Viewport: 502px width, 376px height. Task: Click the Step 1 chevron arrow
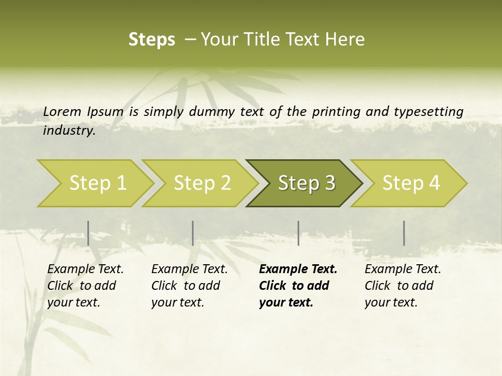point(97,183)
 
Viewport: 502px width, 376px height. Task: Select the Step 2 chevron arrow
point(201,183)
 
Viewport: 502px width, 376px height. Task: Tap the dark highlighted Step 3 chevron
point(306,183)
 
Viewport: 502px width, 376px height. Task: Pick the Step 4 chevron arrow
point(410,183)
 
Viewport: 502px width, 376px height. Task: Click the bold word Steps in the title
point(152,40)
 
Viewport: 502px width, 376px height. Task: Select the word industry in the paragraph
point(69,130)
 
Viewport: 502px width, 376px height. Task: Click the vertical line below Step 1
point(88,233)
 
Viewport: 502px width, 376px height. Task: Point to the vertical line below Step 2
point(193,233)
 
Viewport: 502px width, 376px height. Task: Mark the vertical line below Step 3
point(298,233)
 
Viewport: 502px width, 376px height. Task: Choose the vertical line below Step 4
point(404,233)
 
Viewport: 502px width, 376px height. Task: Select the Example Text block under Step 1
point(85,286)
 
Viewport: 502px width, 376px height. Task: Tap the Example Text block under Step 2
point(189,286)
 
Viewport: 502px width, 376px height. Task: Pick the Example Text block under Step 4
point(403,286)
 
